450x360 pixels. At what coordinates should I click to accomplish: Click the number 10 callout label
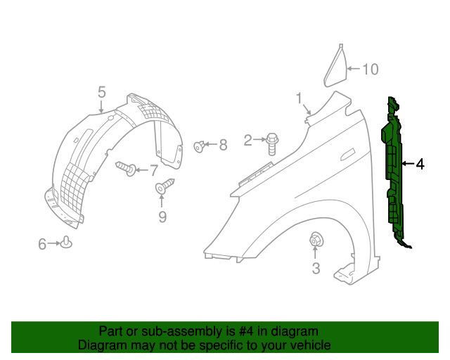371,69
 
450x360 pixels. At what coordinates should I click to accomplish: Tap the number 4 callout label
420,165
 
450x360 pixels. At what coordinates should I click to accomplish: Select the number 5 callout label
102,92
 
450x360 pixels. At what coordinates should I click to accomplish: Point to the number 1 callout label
299,98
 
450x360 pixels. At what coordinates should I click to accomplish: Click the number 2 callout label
247,141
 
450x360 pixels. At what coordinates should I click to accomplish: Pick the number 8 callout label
223,145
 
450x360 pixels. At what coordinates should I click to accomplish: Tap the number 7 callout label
153,169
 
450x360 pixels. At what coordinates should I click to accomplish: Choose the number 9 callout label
162,217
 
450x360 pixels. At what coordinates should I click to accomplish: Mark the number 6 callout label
42,244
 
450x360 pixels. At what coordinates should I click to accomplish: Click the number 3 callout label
316,268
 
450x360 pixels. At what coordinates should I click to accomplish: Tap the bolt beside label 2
272,143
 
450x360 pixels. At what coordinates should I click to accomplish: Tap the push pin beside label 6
67,243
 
